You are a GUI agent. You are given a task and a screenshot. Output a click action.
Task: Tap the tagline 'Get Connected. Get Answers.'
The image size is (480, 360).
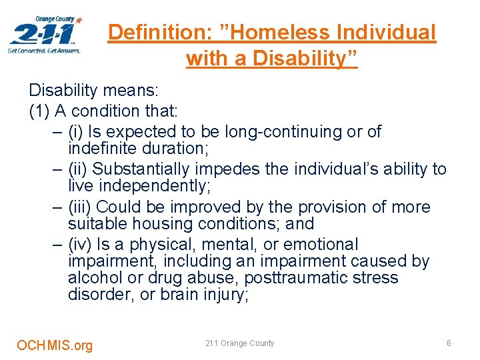pos(44,50)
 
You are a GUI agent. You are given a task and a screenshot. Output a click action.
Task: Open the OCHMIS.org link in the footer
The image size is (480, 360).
pos(55,345)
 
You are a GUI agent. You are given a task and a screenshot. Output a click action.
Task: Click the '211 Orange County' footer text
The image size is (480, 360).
pos(240,343)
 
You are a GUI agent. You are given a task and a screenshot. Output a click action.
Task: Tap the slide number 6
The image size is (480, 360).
pos(449,343)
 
